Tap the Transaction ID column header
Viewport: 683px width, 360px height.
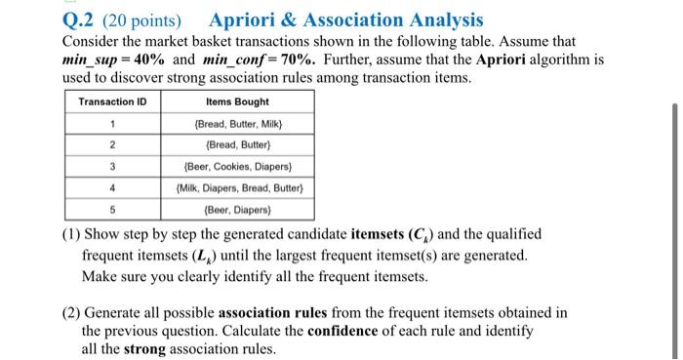pos(113,100)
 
